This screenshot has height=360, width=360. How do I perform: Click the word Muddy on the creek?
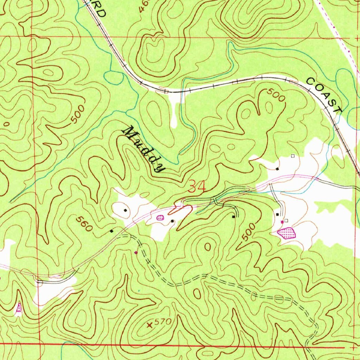(143, 149)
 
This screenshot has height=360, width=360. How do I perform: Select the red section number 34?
(197, 186)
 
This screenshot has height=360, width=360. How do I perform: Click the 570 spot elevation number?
(162, 322)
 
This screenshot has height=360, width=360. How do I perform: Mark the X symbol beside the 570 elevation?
(150, 325)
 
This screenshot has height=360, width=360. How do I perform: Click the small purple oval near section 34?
(160, 218)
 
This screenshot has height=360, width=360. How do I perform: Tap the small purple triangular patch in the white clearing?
(19, 308)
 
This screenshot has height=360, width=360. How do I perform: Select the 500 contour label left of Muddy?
(78, 114)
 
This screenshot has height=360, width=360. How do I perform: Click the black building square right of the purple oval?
(172, 221)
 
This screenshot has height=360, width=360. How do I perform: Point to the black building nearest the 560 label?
(111, 231)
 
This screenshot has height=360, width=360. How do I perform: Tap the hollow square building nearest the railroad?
(292, 156)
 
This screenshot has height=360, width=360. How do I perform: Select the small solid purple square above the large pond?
(282, 222)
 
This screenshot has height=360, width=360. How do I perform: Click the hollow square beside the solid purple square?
(286, 220)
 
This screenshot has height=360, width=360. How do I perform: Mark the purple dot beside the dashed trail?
(136, 252)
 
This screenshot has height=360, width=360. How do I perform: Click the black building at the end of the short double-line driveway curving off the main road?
(233, 217)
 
